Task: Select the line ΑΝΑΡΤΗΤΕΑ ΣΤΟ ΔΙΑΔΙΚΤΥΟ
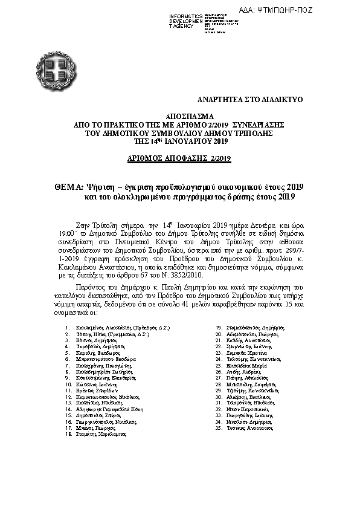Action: (x=242, y=98)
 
